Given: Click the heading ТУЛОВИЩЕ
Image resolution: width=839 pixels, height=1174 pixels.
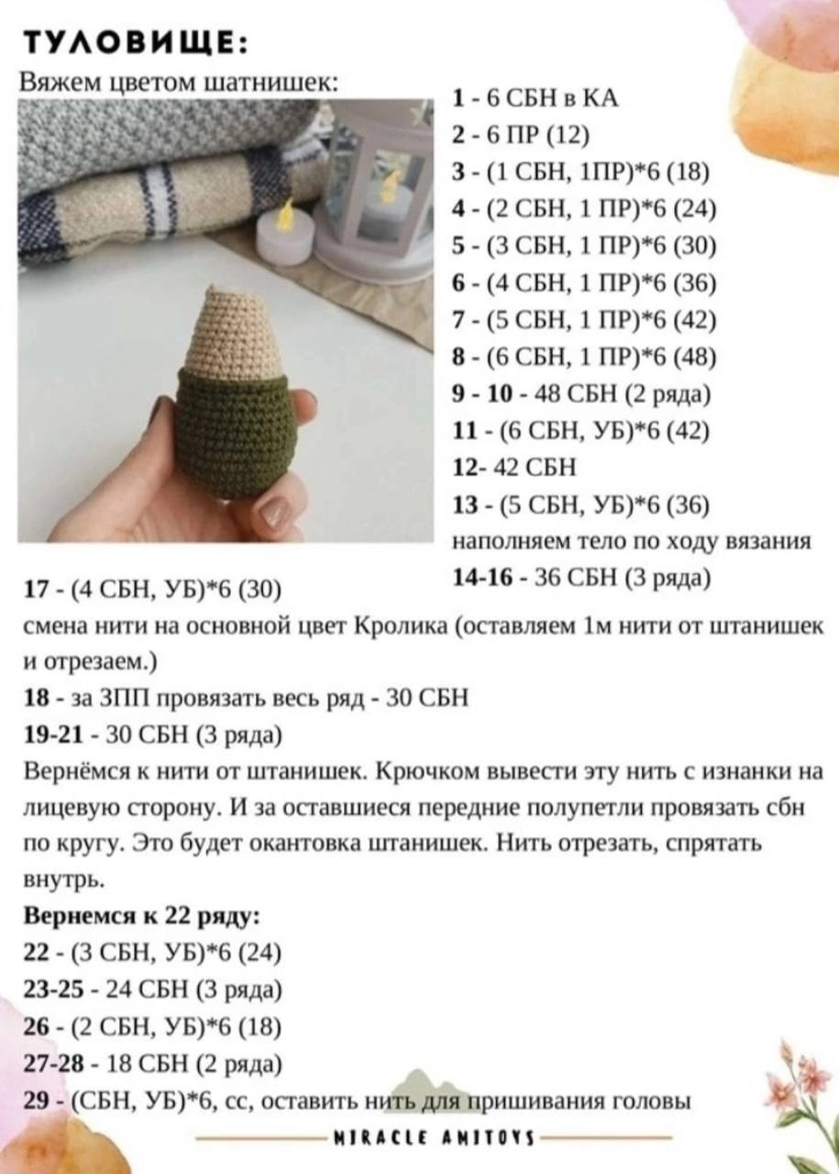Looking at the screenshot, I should click(x=133, y=43).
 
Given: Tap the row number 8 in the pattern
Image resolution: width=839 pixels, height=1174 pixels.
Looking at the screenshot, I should click(x=459, y=357).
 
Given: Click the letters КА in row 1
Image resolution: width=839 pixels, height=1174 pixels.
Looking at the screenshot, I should click(x=601, y=100).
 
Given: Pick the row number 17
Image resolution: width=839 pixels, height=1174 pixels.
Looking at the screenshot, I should click(x=36, y=588).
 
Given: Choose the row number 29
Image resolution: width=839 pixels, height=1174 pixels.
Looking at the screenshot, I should click(x=37, y=1101).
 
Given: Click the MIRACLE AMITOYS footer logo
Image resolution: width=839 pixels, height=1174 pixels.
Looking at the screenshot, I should click(x=436, y=1138).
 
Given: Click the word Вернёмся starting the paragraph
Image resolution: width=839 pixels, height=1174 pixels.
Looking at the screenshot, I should click(x=63, y=771).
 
